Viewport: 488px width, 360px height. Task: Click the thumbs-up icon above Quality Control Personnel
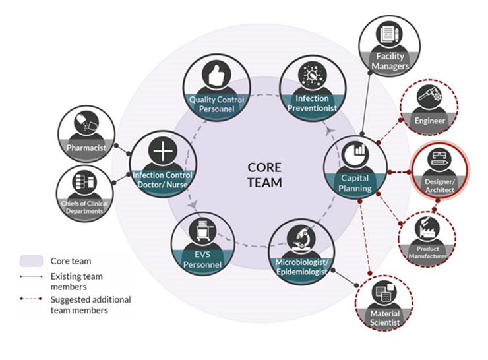pyautogui.click(x=216, y=75)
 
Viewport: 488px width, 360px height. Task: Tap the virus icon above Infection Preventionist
pyautogui.click(x=312, y=75)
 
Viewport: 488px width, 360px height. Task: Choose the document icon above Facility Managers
pyautogui.click(x=389, y=34)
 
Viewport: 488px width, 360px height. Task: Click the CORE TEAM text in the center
pyautogui.click(x=264, y=175)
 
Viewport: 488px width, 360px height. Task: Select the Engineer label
pyautogui.click(x=430, y=121)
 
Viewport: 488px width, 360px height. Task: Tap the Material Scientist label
pyautogui.click(x=384, y=318)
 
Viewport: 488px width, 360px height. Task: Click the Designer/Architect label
pyautogui.click(x=440, y=186)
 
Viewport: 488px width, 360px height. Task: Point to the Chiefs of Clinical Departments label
pyautogui.click(x=84, y=207)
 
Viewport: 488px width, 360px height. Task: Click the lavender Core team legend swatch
pyautogui.click(x=32, y=261)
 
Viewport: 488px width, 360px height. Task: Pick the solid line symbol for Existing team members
pyautogui.click(x=31, y=276)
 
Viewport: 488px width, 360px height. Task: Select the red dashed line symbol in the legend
pyautogui.click(x=31, y=299)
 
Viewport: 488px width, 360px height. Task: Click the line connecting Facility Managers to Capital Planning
pyautogui.click(x=366, y=103)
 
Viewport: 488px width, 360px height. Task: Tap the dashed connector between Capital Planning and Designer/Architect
pyautogui.click(x=399, y=172)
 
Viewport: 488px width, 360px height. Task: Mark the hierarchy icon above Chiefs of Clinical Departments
pyautogui.click(x=84, y=181)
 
